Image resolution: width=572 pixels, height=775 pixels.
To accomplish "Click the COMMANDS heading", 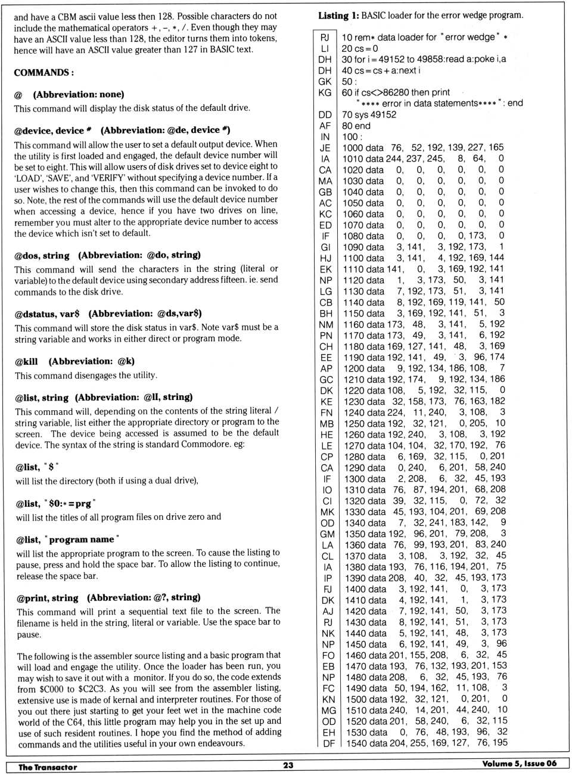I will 43,73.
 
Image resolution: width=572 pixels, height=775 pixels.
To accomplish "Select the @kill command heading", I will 27,361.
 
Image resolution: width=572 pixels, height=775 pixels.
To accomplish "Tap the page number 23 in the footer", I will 288,765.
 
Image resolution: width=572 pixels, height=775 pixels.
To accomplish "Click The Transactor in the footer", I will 48,767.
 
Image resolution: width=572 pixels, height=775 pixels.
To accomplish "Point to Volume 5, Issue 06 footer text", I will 519,764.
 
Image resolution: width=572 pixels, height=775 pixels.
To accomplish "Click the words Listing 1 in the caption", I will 338,15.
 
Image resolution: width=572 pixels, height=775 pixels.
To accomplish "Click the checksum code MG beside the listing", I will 328,710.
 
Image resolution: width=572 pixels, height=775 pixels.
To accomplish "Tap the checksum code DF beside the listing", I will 329,743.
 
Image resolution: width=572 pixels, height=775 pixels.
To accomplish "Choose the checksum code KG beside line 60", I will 325,92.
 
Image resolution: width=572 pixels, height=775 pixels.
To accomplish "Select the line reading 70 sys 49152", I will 368,114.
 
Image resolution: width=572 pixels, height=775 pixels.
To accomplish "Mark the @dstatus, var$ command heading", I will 47,314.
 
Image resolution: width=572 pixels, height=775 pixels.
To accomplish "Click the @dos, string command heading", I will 42,256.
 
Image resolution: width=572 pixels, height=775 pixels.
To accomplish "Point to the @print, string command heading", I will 47,598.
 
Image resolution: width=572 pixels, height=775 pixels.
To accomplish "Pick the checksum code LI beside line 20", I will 325,48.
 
